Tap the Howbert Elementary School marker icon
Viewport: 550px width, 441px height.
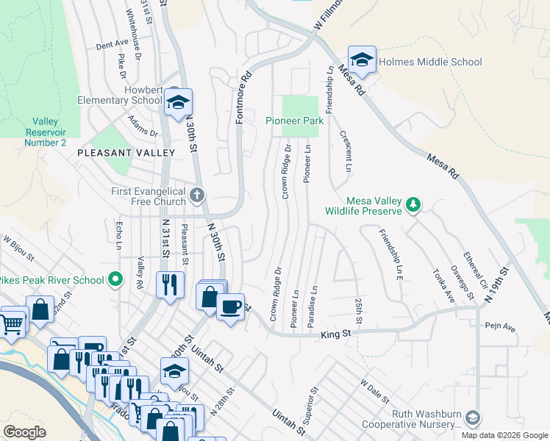[177, 104]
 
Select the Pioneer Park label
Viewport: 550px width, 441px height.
[295, 120]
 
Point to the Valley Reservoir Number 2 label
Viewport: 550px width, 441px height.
[46, 132]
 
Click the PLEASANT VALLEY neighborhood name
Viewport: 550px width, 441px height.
[126, 153]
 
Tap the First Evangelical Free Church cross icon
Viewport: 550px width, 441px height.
[196, 196]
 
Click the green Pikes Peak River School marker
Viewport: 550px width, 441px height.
[115, 279]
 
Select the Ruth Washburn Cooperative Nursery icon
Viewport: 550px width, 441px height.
[472, 418]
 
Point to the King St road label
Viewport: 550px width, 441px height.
[336, 336]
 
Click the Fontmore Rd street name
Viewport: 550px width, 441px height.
[243, 96]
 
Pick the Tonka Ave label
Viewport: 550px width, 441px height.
[442, 285]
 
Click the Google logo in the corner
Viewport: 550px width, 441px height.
[24, 432]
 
